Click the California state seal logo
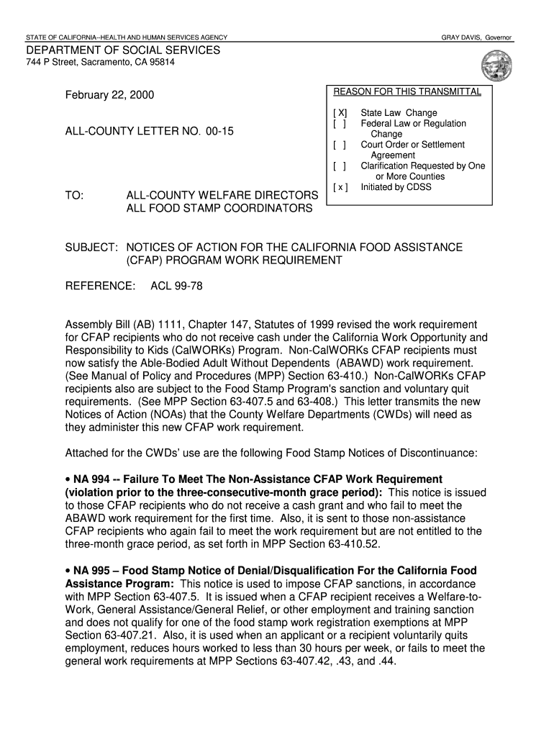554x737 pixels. point(496,65)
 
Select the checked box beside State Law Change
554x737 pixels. point(340,113)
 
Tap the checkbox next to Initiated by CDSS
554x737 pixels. point(340,187)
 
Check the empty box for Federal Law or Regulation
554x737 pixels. point(340,124)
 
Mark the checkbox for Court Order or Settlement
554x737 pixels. point(340,145)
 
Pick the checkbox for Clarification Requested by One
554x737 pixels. point(340,166)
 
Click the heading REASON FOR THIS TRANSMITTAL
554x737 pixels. point(407,92)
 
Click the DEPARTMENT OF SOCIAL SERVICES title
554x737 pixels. point(123,50)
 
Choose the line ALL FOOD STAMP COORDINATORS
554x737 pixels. point(219,209)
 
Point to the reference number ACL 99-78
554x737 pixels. point(176,286)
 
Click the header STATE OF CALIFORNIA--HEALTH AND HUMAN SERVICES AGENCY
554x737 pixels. point(127,37)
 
